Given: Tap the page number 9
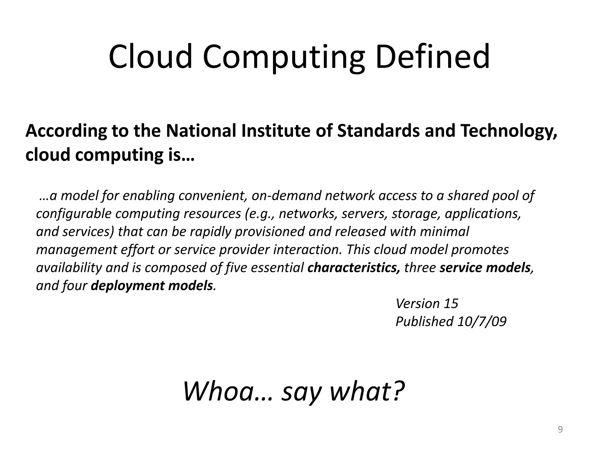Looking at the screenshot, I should tap(560, 429).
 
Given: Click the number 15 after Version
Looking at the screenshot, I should tap(451, 304).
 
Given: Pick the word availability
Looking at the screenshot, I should tap(69, 268).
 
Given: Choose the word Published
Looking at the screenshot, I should tap(424, 321).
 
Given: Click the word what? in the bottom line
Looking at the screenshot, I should tap(367, 391).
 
